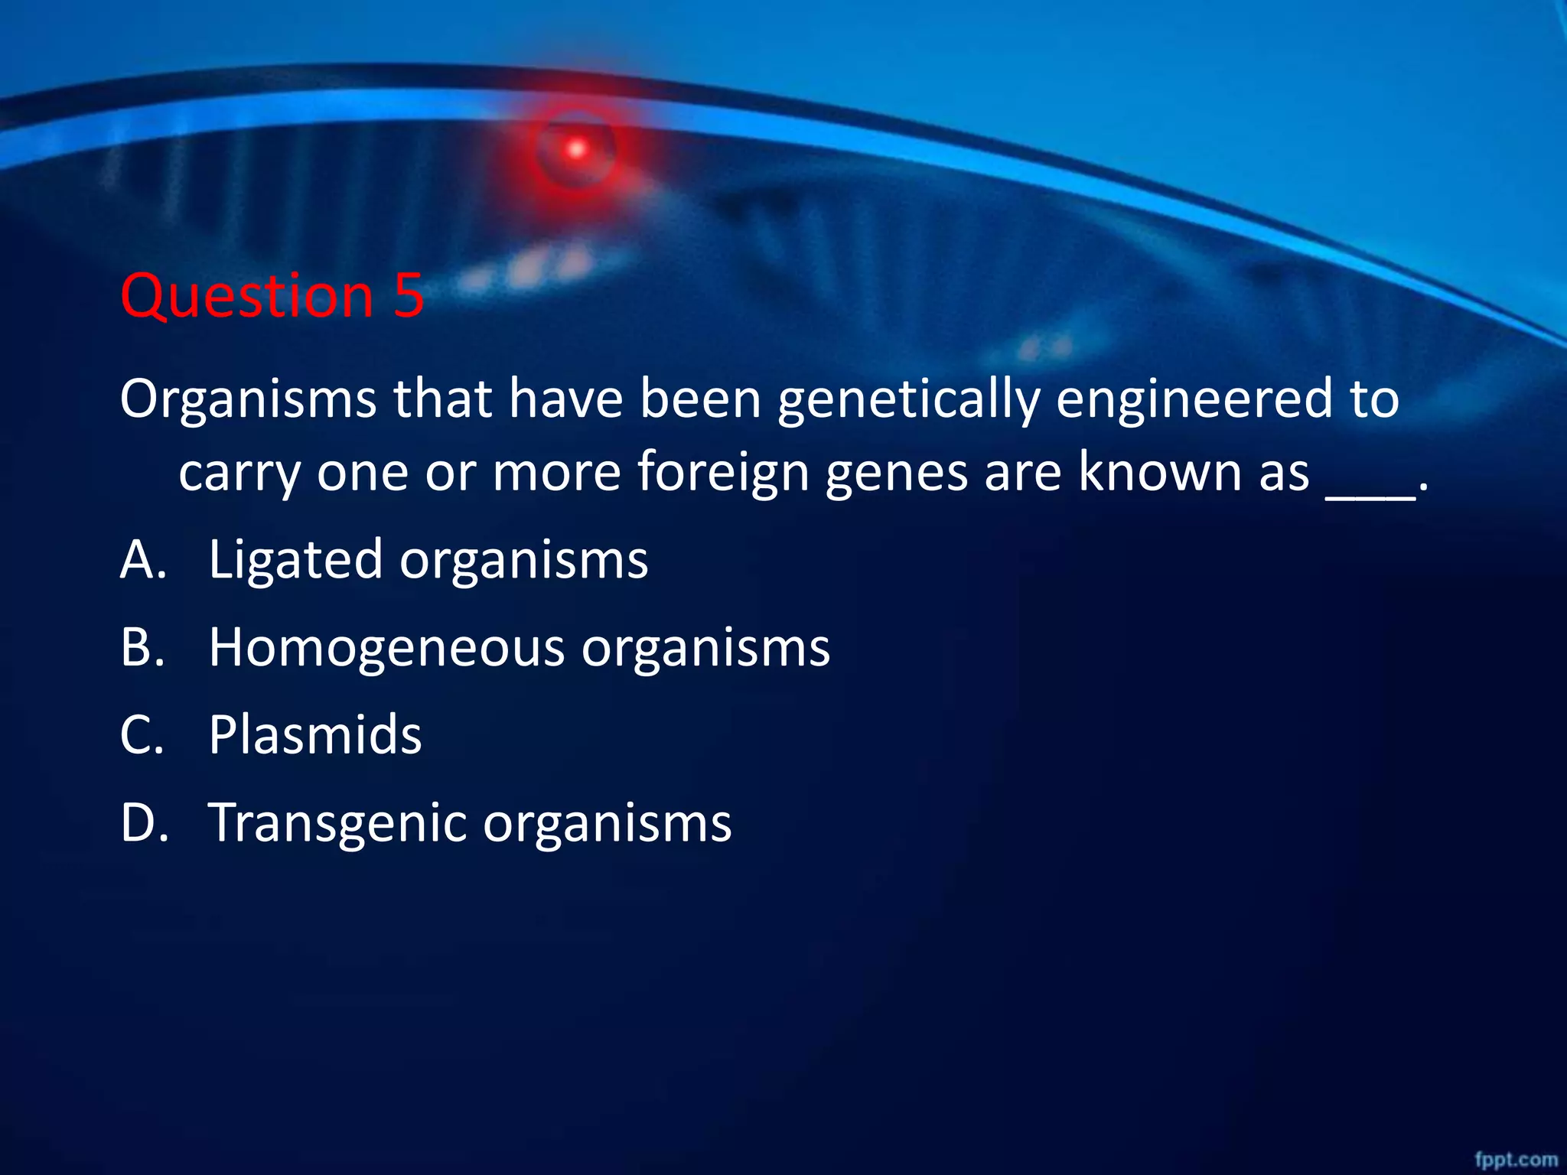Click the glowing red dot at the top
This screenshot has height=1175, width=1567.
[577, 149]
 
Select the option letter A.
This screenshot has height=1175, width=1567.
[142, 559]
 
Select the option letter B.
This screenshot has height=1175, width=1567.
[142, 647]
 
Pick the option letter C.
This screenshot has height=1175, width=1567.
[142, 735]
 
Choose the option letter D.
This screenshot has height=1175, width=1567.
[144, 823]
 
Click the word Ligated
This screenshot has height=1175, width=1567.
[295, 561]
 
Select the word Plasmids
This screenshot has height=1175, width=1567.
[314, 735]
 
